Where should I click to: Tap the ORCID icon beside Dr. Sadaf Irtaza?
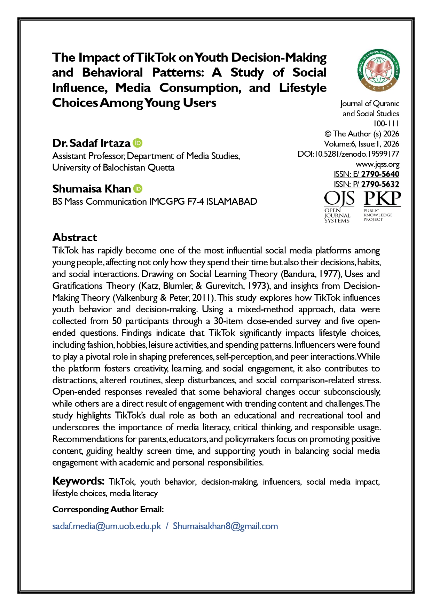pyautogui.click(x=138, y=143)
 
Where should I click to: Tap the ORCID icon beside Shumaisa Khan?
pyautogui.click(x=138, y=188)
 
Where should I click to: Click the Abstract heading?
pyautogui.click(x=74, y=237)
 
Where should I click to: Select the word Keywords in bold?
pyautogui.click(x=78, y=481)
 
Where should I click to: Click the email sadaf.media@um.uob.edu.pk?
pyautogui.click(x=107, y=526)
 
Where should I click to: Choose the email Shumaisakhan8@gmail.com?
pyautogui.click(x=225, y=526)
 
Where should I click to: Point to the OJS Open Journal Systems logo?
pyautogui.click(x=339, y=206)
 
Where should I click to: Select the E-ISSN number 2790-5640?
pyautogui.click(x=380, y=174)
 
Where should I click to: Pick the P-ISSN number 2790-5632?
pyautogui.click(x=380, y=184)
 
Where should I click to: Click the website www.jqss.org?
pyautogui.click(x=377, y=164)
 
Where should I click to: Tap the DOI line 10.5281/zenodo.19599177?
pyautogui.click(x=348, y=154)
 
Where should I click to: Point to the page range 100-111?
pyautogui.click(x=386, y=124)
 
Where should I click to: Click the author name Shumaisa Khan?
pyautogui.click(x=91, y=189)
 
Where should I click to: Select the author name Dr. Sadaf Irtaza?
pyautogui.click(x=91, y=143)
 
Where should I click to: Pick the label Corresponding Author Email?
pyautogui.click(x=108, y=509)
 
